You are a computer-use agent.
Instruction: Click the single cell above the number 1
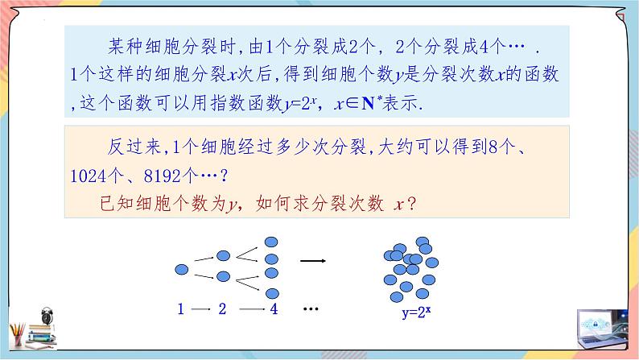point(183,267)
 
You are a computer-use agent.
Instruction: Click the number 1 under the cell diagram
point(182,308)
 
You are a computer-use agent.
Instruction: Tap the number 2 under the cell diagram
point(223,308)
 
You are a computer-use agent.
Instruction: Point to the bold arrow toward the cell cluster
point(312,261)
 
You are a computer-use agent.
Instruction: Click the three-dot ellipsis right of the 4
point(312,309)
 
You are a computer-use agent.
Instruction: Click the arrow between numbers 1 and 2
point(202,308)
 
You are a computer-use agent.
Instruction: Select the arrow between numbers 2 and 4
point(250,308)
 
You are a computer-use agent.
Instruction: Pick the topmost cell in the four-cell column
point(272,241)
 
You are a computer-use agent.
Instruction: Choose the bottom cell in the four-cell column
point(272,294)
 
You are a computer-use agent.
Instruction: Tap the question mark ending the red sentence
point(410,205)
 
